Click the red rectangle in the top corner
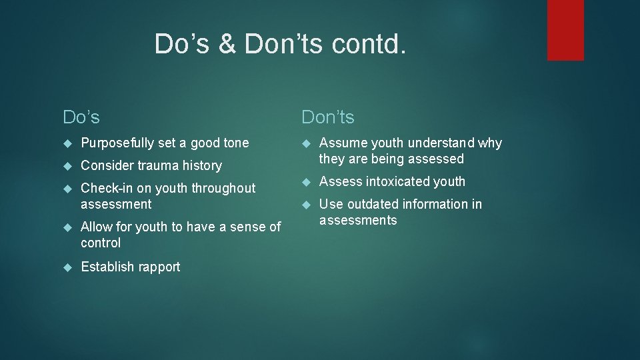tap(565, 30)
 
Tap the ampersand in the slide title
tap(227, 44)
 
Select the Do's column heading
tap(81, 117)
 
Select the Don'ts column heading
tap(328, 117)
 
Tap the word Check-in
tap(107, 188)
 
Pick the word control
tap(101, 243)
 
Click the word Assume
tap(343, 143)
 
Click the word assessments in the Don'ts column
tap(358, 220)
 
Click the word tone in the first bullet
tap(236, 143)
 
